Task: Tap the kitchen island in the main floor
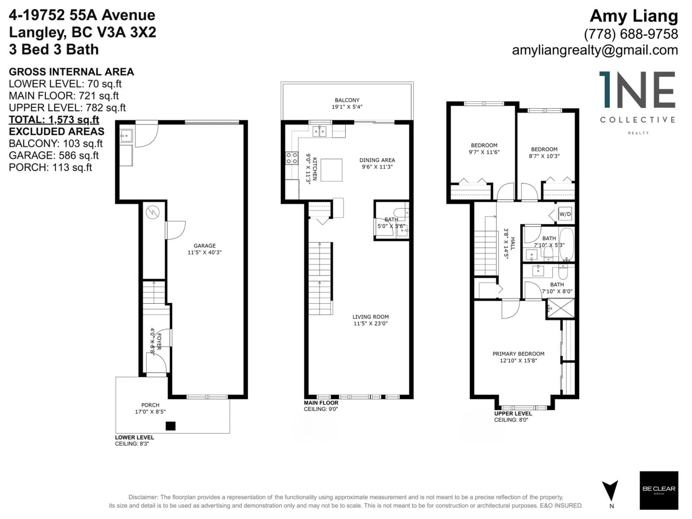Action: pyautogui.click(x=331, y=170)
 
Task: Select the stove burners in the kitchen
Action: pyautogui.click(x=292, y=158)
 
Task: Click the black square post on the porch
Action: pyautogui.click(x=170, y=426)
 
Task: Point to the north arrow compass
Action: pyautogui.click(x=610, y=491)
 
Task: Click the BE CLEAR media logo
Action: pyautogui.click(x=659, y=490)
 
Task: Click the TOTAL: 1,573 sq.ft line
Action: pyautogui.click(x=54, y=119)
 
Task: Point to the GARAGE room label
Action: pyautogui.click(x=204, y=246)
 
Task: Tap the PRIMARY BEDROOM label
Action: pyautogui.click(x=518, y=354)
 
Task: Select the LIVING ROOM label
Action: pyautogui.click(x=370, y=317)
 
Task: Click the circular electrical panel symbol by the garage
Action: pyautogui.click(x=153, y=213)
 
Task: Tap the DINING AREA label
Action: pyautogui.click(x=377, y=160)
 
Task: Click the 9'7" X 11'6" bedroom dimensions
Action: pyautogui.click(x=484, y=152)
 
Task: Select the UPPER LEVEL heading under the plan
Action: pyautogui.click(x=513, y=414)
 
